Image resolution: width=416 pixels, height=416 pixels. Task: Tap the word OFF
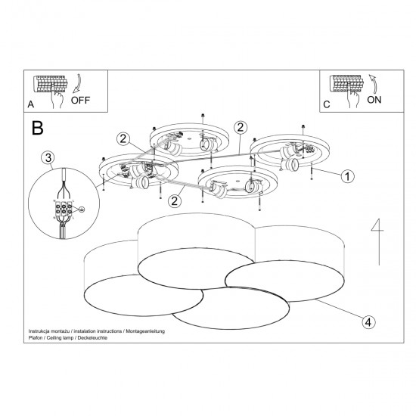[81, 99]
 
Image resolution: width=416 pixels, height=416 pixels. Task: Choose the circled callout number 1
[347, 176]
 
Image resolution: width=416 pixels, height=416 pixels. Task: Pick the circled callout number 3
[48, 158]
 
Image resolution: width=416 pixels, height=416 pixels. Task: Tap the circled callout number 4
[368, 321]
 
